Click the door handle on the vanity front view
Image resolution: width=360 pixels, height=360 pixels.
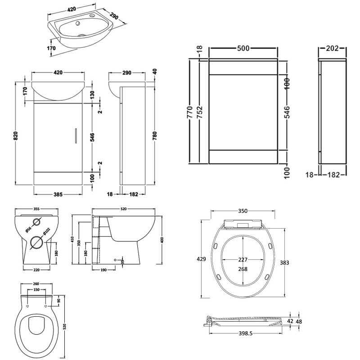point(76,135)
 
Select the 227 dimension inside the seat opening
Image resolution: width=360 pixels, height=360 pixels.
point(243,259)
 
